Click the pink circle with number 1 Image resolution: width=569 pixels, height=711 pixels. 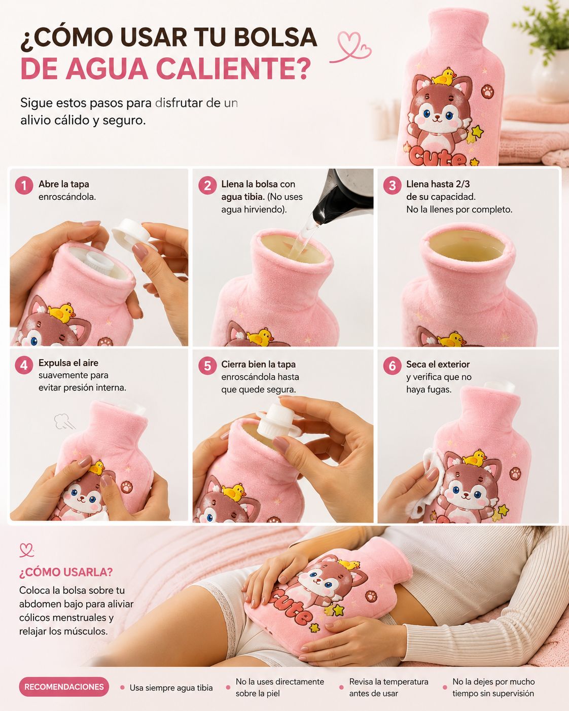point(24,185)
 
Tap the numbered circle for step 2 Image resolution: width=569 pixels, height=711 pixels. point(207,185)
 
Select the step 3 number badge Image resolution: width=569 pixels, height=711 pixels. point(392,185)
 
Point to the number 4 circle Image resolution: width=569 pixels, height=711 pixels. point(24,365)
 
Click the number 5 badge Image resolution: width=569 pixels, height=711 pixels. point(207,366)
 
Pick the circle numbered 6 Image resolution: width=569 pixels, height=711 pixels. point(392,366)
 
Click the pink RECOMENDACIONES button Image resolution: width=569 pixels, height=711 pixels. point(64,687)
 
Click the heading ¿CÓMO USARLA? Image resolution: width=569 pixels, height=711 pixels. point(66,572)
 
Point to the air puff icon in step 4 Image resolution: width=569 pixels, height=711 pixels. point(63,421)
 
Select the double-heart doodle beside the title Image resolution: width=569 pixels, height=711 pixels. point(351,47)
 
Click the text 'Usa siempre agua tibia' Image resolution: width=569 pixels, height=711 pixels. point(171,688)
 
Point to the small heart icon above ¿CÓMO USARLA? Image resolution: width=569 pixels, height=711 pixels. point(26,550)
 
